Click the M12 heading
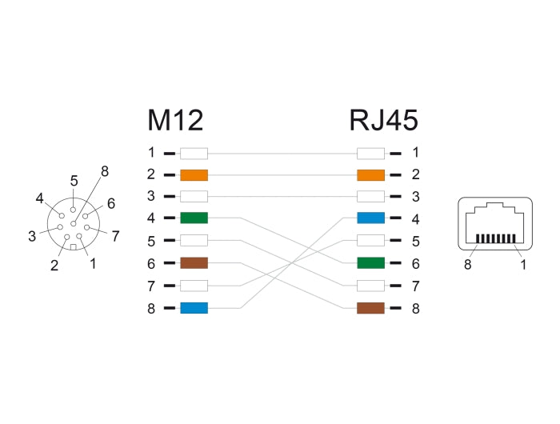pos(175,120)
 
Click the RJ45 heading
pos(383,120)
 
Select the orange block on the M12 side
pos(194,174)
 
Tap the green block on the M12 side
pos(194,218)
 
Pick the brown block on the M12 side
pos(194,262)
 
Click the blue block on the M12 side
pos(194,308)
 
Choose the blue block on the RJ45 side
pos(370,218)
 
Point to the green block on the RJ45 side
pos(370,262)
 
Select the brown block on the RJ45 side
pos(370,308)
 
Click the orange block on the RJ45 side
pos(370,174)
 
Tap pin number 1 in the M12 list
pos(151,152)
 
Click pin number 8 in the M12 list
pos(151,308)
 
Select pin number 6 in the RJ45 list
pos(415,262)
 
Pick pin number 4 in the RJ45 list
pos(415,218)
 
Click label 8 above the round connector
pos(104,170)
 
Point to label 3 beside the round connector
pos(32,236)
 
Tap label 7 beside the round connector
pos(115,236)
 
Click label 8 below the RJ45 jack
pos(467,265)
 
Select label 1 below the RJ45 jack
pos(523,265)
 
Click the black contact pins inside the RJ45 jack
pos(495,238)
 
